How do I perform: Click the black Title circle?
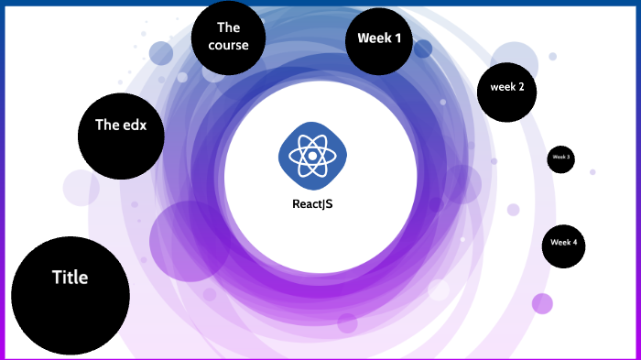(x=70, y=296)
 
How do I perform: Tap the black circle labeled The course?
(x=228, y=38)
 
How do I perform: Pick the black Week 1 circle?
(x=379, y=40)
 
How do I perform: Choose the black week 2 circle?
(x=506, y=88)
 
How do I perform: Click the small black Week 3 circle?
(x=561, y=158)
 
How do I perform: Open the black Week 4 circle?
(x=563, y=244)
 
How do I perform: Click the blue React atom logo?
(x=312, y=156)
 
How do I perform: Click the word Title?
(x=70, y=277)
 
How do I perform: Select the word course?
(x=228, y=45)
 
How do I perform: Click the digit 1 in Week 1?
(x=397, y=38)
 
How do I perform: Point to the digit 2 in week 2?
(x=521, y=87)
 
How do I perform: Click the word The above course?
(x=228, y=27)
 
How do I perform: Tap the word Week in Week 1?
(x=373, y=38)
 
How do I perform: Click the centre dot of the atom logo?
(x=312, y=156)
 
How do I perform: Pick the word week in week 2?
(x=503, y=87)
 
